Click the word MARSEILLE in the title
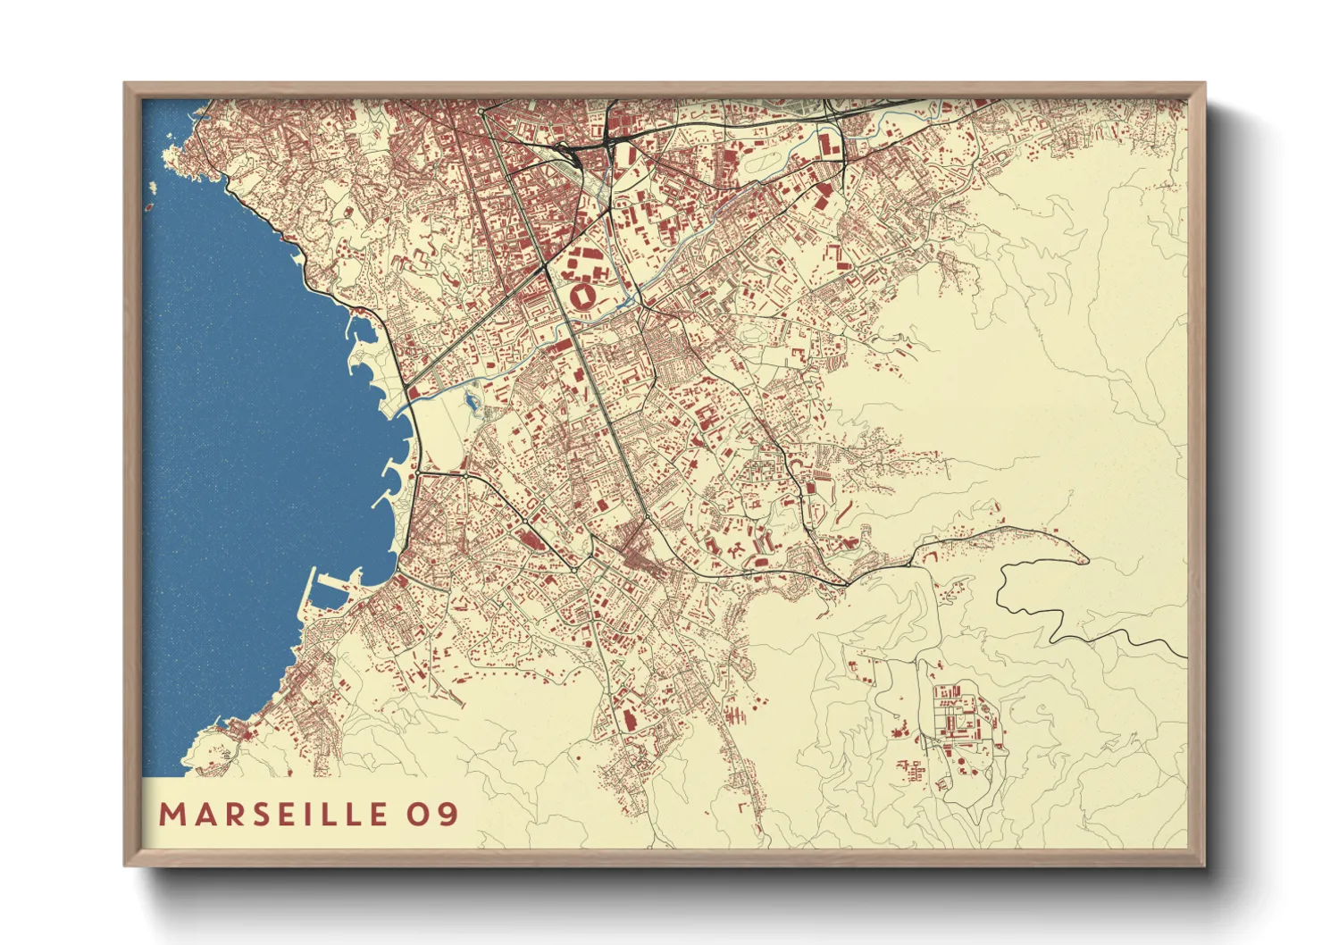[273, 814]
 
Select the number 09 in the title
[434, 814]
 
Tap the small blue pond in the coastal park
[471, 405]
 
